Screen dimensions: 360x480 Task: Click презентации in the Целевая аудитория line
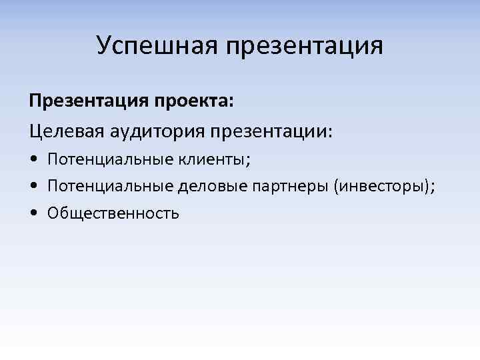coord(269,131)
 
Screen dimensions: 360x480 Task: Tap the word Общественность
coord(113,213)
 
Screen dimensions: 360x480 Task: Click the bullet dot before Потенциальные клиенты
coord(33,161)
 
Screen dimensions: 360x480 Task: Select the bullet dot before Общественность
coord(33,214)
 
